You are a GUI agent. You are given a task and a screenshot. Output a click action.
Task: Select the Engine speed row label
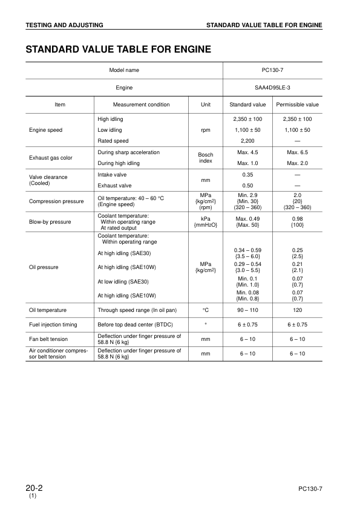pos(45,130)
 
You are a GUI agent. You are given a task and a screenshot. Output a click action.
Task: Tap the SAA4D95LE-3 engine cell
pos(273,88)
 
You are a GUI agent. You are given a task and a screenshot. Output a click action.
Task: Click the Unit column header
pos(206,105)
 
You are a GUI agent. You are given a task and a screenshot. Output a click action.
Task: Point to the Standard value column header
pos(248,105)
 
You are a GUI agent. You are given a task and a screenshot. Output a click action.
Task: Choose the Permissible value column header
pos(297,105)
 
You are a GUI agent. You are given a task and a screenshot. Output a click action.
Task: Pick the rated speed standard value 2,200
pos(248,141)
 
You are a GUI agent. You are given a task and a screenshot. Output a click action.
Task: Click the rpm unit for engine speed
pos(206,130)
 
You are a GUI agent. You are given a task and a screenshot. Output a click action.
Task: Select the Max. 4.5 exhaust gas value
pos(248,152)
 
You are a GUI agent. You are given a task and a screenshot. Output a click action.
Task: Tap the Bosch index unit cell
pos(206,158)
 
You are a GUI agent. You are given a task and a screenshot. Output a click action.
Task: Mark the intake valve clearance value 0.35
pos(248,174)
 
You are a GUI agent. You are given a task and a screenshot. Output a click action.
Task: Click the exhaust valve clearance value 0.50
pos(248,186)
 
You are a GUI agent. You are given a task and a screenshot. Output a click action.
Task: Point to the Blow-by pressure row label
pos(50,222)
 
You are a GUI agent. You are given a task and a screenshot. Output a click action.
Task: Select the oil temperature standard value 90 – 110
pos(248,310)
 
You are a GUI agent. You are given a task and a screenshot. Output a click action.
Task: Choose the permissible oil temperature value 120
pos(297,310)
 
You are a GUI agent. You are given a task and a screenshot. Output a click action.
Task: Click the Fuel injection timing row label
pos(53,325)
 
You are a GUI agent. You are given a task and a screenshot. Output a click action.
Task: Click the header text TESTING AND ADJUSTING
pos(64,25)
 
